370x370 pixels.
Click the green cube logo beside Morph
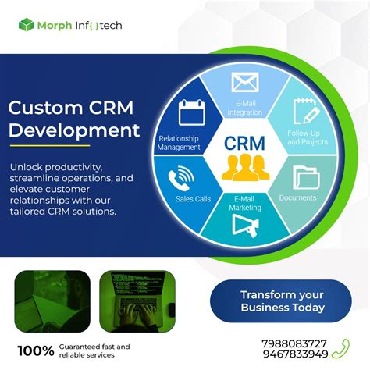coord(27,25)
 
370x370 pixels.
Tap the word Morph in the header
coord(59,25)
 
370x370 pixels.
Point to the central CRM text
coord(244,144)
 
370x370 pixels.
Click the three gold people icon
coord(244,166)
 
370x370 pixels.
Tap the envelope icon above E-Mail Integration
coord(244,82)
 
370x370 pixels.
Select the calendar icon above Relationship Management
coord(190,113)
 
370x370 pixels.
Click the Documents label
coord(297,198)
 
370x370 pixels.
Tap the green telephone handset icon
coord(340,349)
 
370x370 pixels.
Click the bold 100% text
coord(36,350)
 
